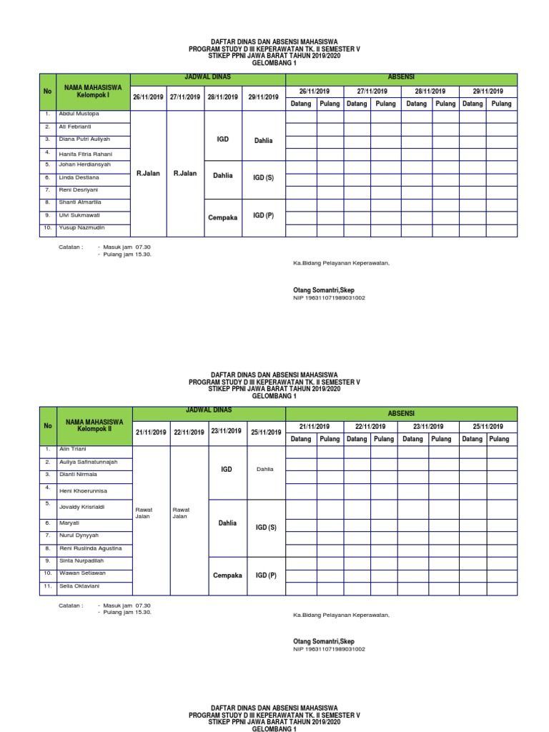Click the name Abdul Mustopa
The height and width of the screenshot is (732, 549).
click(79, 114)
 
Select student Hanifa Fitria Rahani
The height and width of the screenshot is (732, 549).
click(85, 154)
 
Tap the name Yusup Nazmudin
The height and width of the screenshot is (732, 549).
click(83, 227)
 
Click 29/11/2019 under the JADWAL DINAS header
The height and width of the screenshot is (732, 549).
click(263, 97)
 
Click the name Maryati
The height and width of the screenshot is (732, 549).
click(70, 523)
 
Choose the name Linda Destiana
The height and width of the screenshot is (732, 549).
click(79, 177)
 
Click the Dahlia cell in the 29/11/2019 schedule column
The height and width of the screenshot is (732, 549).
click(263, 141)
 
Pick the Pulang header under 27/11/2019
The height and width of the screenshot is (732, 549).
click(385, 104)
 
